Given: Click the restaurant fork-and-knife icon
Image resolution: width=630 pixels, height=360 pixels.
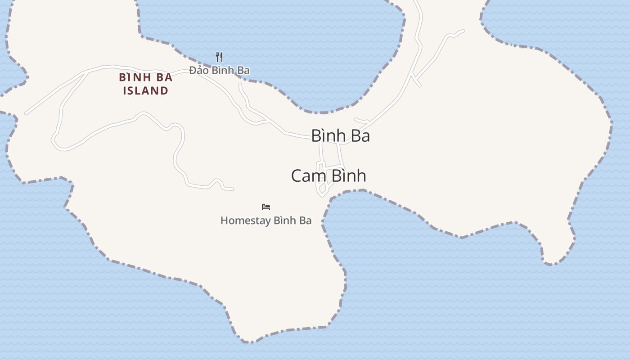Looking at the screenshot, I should (x=219, y=57).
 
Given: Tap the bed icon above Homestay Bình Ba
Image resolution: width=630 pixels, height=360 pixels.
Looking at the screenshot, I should (x=266, y=207).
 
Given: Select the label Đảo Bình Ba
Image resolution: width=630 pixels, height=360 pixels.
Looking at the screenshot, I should (x=219, y=70).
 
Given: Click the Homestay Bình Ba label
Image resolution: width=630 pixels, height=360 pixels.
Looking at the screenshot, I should (x=266, y=220).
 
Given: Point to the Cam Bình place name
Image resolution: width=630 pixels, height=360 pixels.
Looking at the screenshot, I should (x=328, y=175).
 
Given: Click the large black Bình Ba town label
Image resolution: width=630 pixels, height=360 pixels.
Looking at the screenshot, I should (x=341, y=135).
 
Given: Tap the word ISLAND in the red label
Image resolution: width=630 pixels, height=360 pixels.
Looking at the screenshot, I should (x=146, y=90).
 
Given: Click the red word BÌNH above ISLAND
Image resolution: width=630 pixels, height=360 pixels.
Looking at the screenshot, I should (x=134, y=77).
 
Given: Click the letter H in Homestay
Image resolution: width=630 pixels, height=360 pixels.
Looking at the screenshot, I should (x=224, y=220).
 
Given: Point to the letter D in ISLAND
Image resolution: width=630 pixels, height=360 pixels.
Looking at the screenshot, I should (x=165, y=90).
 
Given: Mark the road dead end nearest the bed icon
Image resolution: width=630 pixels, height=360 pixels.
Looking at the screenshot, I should (x=233, y=189).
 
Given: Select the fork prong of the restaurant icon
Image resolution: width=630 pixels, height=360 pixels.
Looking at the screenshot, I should (x=217, y=57).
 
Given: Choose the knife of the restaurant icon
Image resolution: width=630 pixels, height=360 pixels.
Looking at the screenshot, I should (x=221, y=57).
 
